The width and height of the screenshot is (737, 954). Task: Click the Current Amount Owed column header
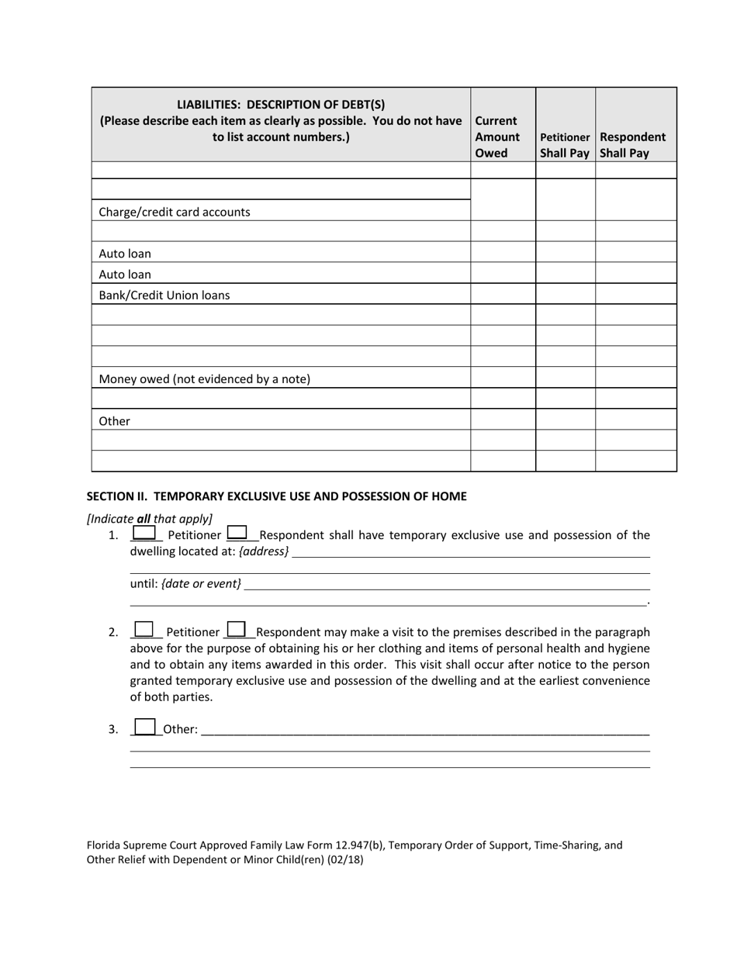497,137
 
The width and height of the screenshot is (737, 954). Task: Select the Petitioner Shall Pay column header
565,145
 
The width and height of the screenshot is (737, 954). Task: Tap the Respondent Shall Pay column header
633,145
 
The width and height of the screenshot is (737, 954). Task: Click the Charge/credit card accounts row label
175,212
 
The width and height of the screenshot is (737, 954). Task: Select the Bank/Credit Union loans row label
164,295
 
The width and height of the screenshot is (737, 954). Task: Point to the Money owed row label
205,378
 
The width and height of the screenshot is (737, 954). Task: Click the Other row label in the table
115,420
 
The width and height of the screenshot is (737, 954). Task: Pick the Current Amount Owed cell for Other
503,419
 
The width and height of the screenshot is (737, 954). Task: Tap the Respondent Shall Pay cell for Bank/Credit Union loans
635,294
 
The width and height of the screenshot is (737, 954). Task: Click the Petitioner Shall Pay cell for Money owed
565,377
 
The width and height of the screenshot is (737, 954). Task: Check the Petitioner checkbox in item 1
144,533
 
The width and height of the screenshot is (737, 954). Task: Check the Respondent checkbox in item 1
237,533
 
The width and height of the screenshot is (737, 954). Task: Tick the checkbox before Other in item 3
144,727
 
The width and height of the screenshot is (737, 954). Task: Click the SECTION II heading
276,496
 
